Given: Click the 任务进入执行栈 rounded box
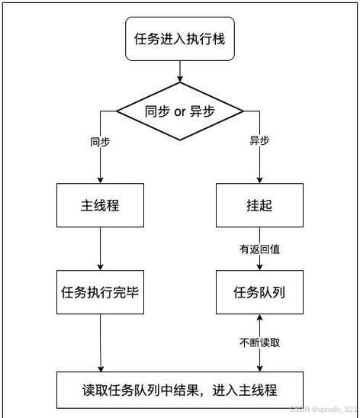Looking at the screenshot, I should (x=180, y=39).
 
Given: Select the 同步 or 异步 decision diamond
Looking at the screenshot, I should (x=180, y=112).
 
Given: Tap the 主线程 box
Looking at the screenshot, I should (x=101, y=206).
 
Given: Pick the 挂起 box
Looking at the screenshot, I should (x=259, y=206).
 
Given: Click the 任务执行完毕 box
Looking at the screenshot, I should (x=101, y=291).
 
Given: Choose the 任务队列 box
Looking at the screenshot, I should (x=259, y=291).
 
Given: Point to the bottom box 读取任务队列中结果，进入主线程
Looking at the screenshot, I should (x=180, y=390).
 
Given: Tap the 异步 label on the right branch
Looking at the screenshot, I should (x=260, y=142).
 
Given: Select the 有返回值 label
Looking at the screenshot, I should (x=259, y=249).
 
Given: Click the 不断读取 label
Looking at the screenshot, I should (x=259, y=342).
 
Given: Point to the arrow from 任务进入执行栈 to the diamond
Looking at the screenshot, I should (x=180, y=71).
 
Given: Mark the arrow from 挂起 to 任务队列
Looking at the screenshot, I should (x=259, y=259).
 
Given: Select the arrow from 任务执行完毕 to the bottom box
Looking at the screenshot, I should (x=101, y=343).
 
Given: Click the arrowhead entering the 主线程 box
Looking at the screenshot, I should (x=101, y=180).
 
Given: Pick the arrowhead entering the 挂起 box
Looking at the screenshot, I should (x=259, y=180).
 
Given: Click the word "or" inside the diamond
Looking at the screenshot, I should (x=180, y=112).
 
